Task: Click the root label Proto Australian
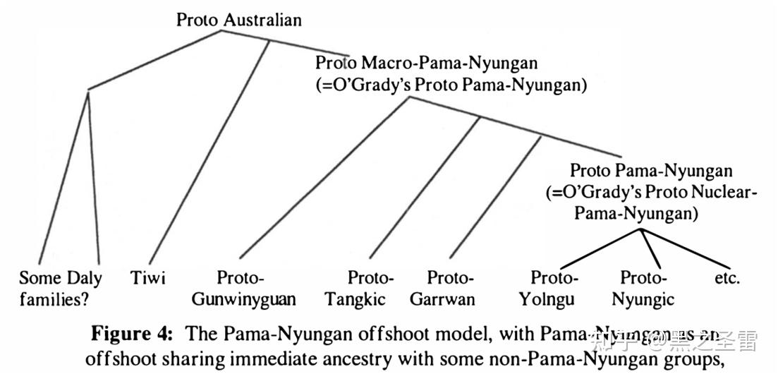click(x=238, y=19)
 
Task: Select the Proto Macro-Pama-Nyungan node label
click(x=426, y=63)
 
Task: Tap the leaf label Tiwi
click(x=148, y=277)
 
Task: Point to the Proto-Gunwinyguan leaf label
click(x=244, y=288)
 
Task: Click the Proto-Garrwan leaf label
click(x=443, y=288)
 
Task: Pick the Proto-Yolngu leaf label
click(x=547, y=288)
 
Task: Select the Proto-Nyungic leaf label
click(x=643, y=288)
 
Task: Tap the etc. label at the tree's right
click(x=727, y=277)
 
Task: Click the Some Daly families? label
click(x=60, y=288)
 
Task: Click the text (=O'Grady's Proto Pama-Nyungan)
click(x=452, y=85)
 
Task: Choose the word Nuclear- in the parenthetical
click(x=727, y=192)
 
